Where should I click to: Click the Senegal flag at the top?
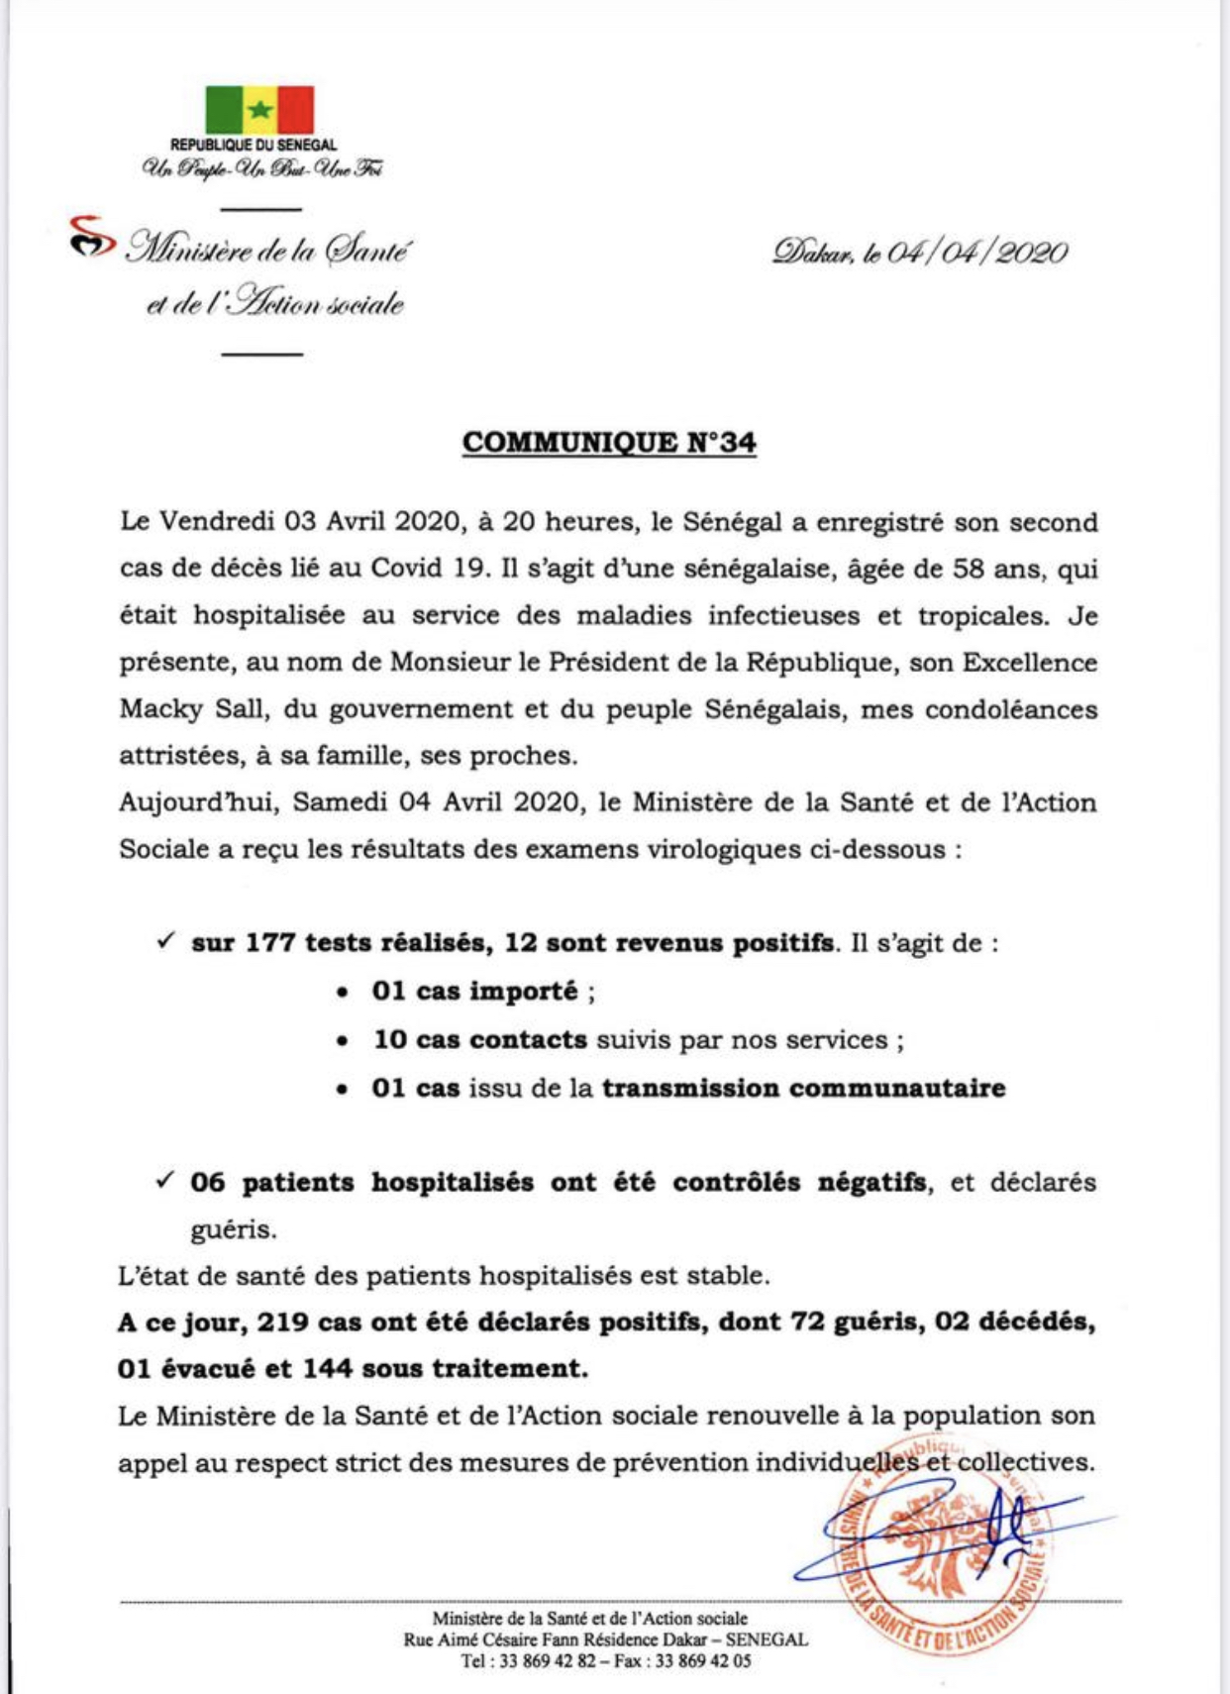[259, 110]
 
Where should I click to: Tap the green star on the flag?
[259, 109]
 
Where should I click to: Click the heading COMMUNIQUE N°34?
[609, 443]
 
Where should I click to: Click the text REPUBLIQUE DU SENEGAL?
[254, 146]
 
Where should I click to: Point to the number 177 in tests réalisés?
[270, 943]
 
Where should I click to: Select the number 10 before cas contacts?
[389, 1040]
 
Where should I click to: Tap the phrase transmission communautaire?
[803, 1089]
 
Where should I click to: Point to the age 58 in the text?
[970, 570]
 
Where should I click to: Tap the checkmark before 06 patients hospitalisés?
[166, 1180]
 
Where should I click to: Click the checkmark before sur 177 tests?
[166, 941]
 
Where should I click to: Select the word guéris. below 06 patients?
[234, 1230]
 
